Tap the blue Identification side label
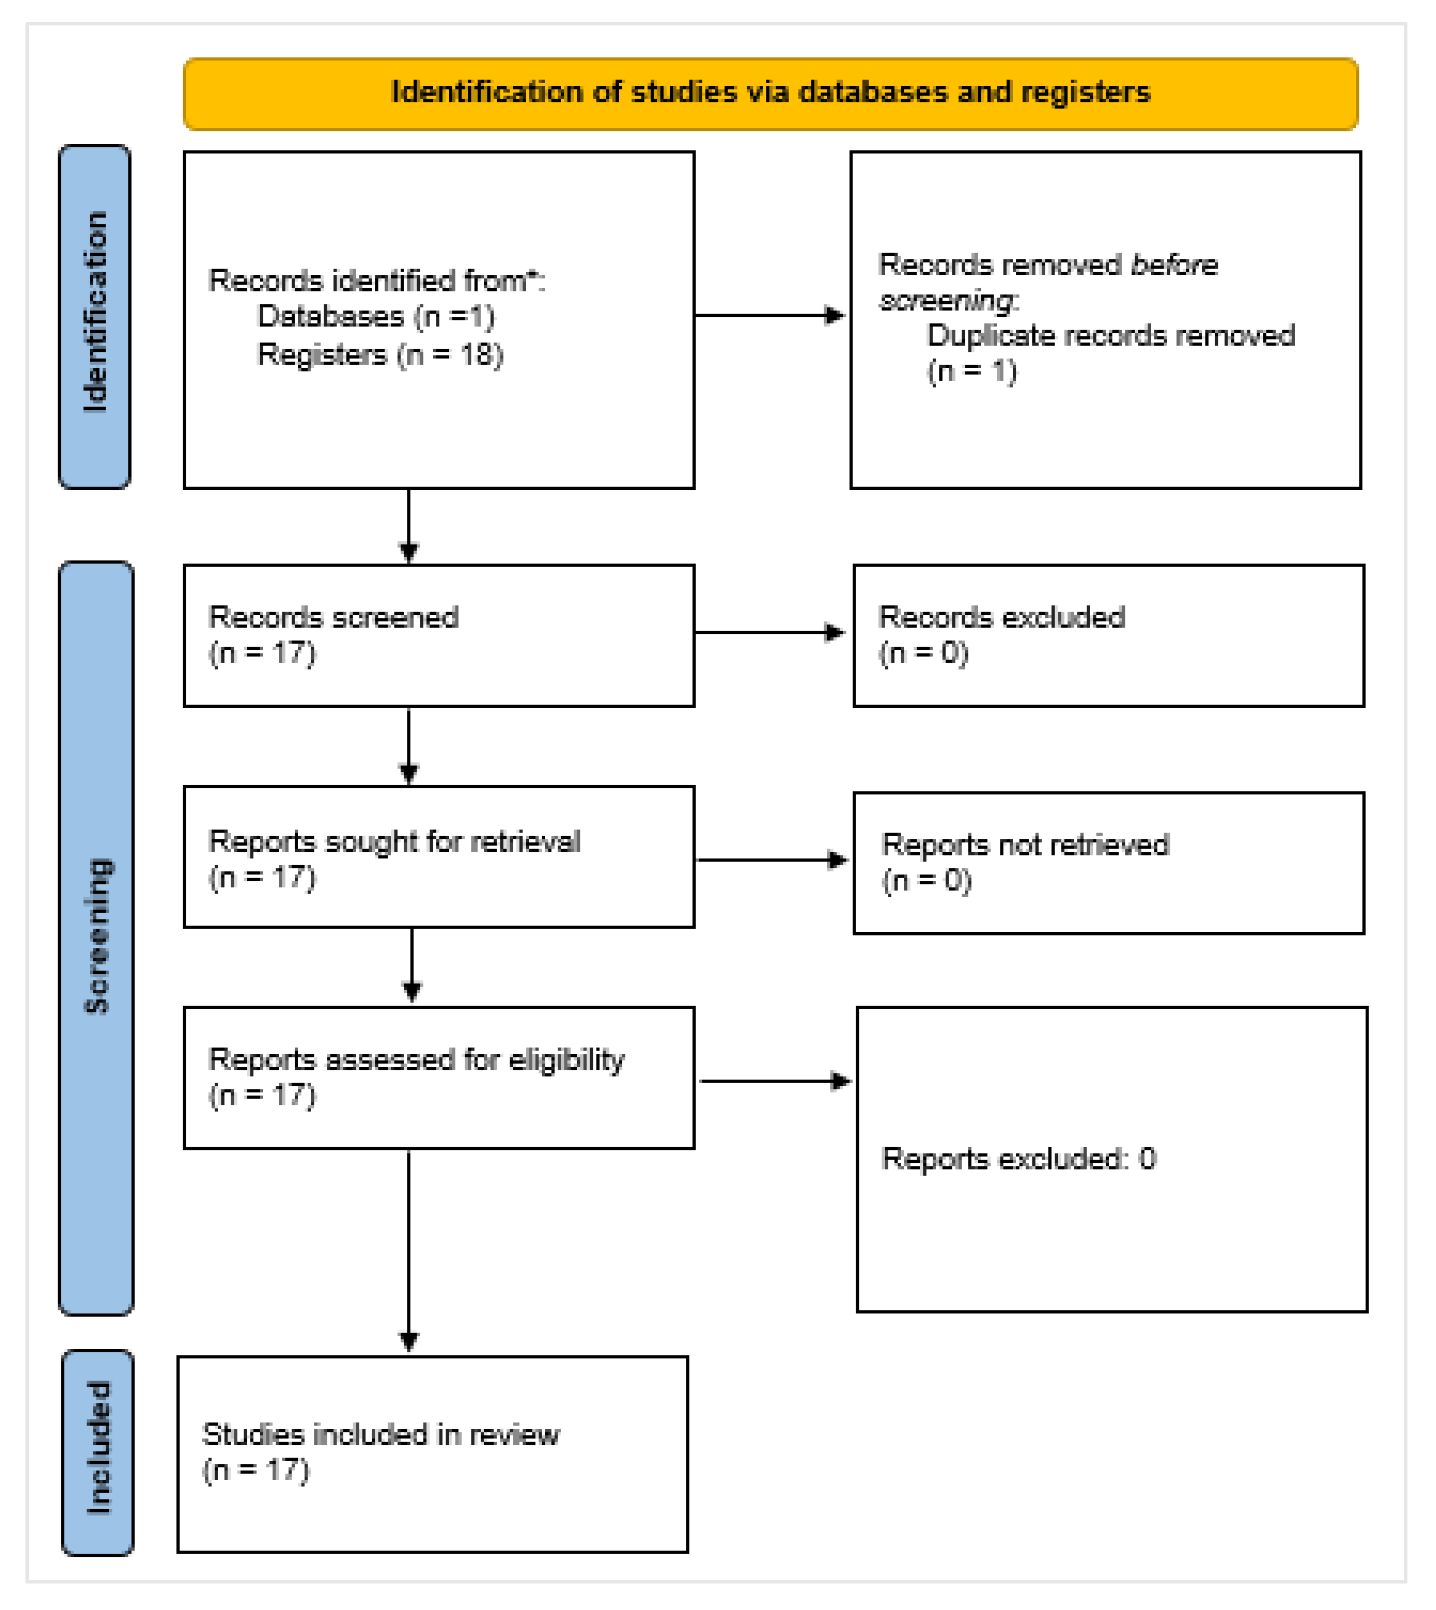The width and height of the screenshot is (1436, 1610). point(95,316)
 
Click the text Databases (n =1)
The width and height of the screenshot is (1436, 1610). point(376,316)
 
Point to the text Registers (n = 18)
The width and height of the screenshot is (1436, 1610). point(379,355)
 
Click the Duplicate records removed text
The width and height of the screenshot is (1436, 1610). point(1110,336)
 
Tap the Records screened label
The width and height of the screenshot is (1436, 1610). point(333,618)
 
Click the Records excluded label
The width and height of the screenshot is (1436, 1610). point(1001,618)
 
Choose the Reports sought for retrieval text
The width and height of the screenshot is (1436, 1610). point(394,842)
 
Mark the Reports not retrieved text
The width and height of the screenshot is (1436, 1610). point(1024,846)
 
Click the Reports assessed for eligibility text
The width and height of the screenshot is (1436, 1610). point(416,1060)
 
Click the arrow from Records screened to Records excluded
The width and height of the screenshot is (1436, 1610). point(769,633)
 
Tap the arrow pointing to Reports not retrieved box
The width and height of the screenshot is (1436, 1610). point(772,861)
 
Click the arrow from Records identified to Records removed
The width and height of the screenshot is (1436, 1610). point(769,316)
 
